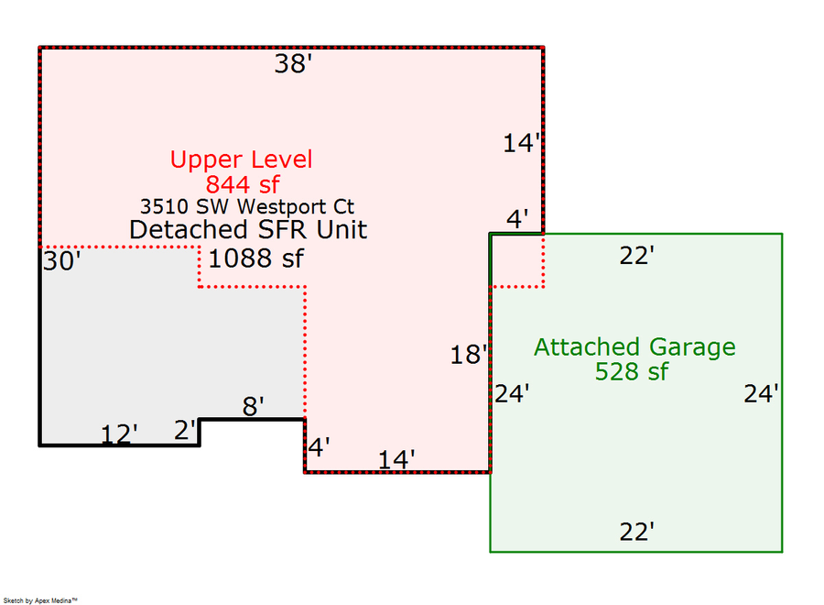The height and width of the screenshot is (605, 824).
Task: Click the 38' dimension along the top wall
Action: pyautogui.click(x=294, y=64)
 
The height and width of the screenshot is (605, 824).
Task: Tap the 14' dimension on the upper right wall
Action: pyautogui.click(x=522, y=143)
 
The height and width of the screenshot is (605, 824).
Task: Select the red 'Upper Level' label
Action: pyautogui.click(x=241, y=159)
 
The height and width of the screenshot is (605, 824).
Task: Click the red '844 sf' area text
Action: pyautogui.click(x=241, y=183)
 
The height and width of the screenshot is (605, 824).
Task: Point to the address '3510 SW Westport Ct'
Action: pyautogui.click(x=247, y=206)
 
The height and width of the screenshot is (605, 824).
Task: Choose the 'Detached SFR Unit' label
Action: pyautogui.click(x=248, y=229)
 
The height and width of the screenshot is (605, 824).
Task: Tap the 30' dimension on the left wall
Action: pyautogui.click(x=62, y=262)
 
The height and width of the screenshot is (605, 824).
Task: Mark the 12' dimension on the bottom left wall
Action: pyautogui.click(x=118, y=434)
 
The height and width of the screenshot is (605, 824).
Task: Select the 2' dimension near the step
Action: pyautogui.click(x=186, y=430)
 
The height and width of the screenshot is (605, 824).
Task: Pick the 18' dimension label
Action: pyautogui.click(x=468, y=356)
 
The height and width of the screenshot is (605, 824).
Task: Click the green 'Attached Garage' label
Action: pyautogui.click(x=634, y=347)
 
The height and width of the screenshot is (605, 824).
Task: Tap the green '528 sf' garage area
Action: pyautogui.click(x=632, y=371)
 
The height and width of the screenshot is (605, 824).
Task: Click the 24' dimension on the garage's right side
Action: pyautogui.click(x=761, y=394)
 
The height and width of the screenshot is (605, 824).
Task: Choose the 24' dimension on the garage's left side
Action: pyautogui.click(x=512, y=394)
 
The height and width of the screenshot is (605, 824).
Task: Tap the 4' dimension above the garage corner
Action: pyautogui.click(x=518, y=220)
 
